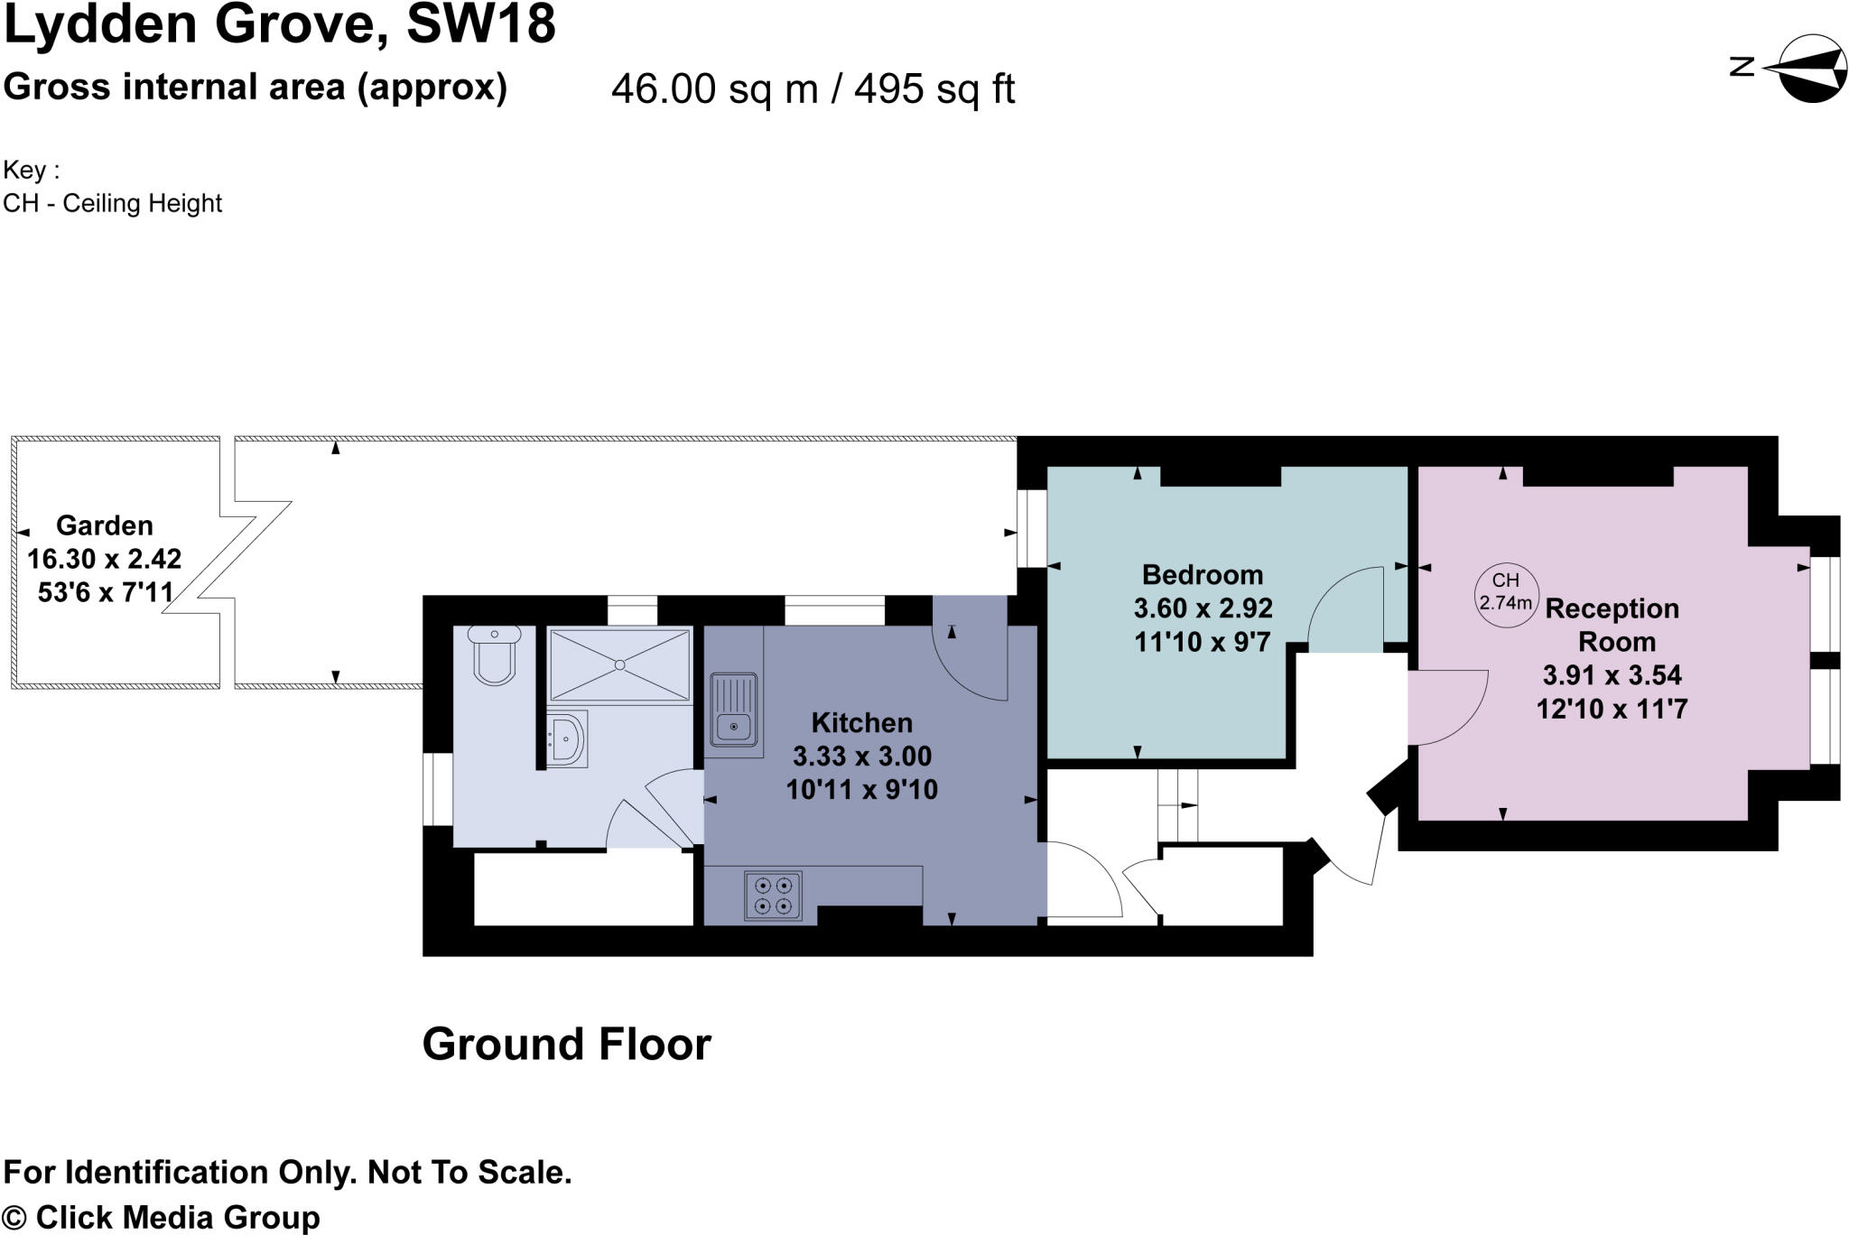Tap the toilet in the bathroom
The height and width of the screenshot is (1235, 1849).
[494, 654]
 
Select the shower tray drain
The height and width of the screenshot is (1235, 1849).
[619, 665]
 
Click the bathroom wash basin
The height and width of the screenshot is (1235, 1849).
[567, 738]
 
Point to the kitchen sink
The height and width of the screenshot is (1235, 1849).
[733, 710]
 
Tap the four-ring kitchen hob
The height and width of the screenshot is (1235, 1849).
[773, 895]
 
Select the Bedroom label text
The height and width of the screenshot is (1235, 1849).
[1202, 574]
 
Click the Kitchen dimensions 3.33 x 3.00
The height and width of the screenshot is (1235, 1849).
[861, 756]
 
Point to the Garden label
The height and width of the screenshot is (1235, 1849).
[105, 525]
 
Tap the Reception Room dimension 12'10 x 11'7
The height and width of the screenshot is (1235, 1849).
[1612, 709]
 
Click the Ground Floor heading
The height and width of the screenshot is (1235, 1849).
[566, 1045]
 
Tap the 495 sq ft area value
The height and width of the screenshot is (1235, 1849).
[934, 89]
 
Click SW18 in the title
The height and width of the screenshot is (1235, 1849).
[480, 24]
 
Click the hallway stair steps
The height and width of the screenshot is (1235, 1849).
[1177, 804]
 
